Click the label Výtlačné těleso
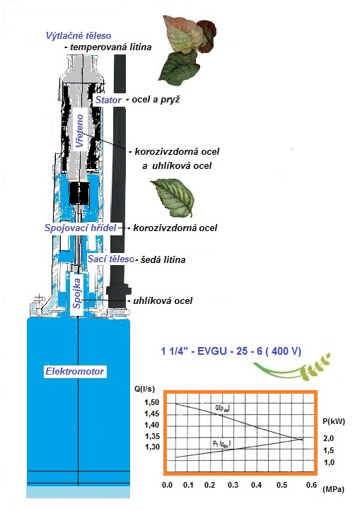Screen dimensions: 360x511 [79, 35]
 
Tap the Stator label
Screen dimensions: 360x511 [109, 100]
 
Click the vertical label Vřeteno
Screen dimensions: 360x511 [80, 131]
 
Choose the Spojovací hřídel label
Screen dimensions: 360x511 [80, 228]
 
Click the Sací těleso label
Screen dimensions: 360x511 [111, 259]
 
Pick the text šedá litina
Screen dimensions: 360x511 [163, 259]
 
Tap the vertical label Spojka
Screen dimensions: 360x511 [77, 293]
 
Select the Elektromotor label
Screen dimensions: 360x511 [75, 371]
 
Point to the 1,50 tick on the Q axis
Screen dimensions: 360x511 [151, 402]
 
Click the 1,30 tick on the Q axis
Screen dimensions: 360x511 [152, 447]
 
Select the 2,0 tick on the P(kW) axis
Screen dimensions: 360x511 [328, 438]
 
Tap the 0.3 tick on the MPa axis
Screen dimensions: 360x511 [233, 485]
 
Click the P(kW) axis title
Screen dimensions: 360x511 [334, 421]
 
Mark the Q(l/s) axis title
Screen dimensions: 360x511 [144, 389]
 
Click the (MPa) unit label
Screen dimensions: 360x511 [333, 489]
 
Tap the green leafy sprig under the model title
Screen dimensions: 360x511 [292, 368]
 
